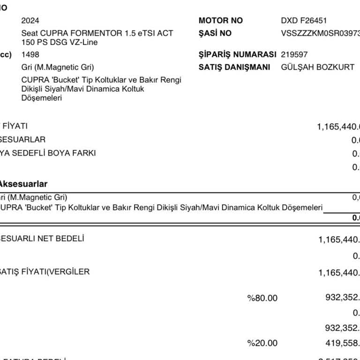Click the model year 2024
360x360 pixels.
tap(30, 21)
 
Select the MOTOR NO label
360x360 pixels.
tap(221, 21)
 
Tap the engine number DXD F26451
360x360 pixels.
tap(304, 21)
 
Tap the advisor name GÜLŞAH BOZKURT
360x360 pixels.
tap(317, 67)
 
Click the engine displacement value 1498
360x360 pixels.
tap(30, 54)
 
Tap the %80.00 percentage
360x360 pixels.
tap(262, 298)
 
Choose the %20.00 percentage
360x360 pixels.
tap(262, 343)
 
